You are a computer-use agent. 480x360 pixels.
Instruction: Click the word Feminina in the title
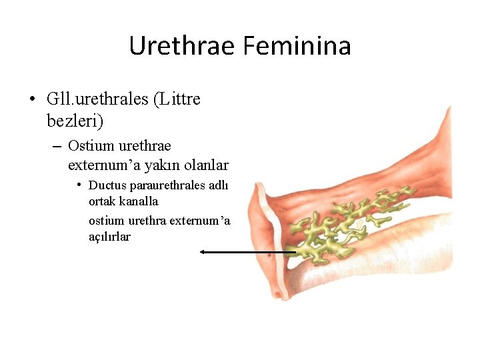coord(297,46)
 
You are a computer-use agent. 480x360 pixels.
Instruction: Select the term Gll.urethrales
coord(97,100)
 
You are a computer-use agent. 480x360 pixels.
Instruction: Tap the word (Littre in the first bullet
coord(177,100)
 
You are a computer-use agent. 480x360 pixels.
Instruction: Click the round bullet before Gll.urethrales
coord(32,101)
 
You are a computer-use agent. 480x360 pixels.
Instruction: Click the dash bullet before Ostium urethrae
coord(56,146)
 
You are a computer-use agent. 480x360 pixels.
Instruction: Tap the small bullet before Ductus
coord(79,185)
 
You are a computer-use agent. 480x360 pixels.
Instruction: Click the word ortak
coord(102,201)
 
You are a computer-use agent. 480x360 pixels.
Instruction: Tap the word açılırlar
coord(110,237)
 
